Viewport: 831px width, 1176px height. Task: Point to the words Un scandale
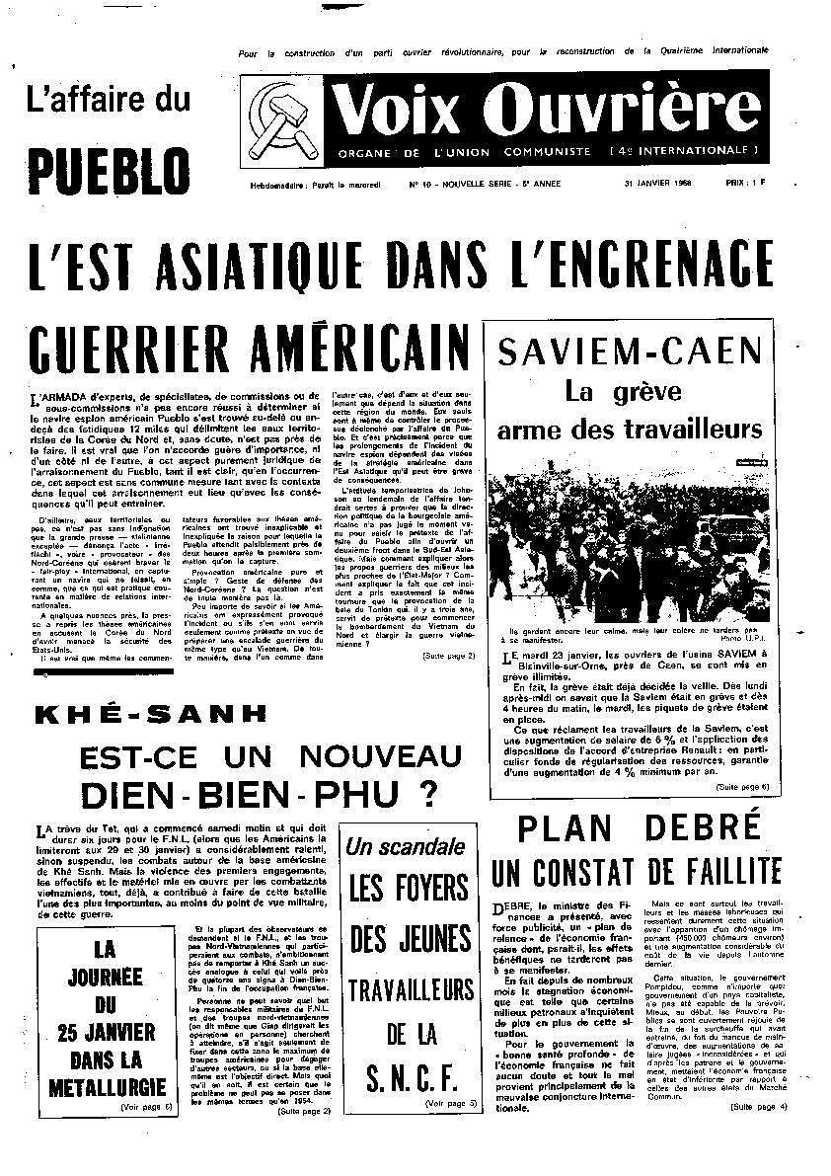(407, 846)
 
